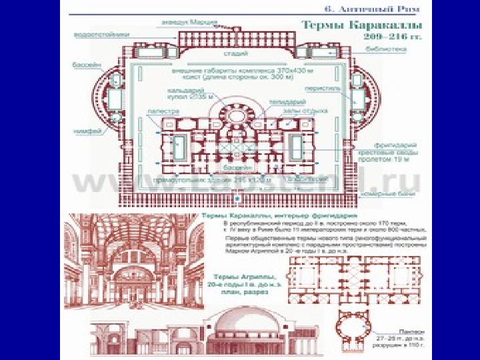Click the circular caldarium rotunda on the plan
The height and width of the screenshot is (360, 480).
237,115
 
